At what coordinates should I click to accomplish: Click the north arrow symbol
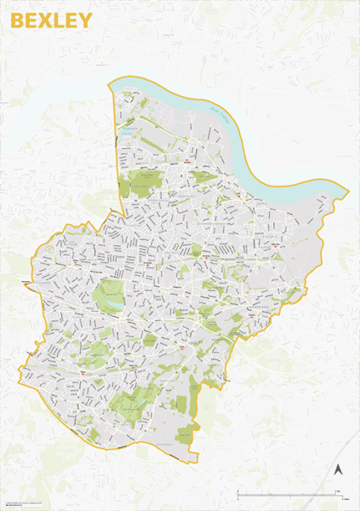pos(337,469)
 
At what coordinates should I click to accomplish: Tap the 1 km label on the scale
pos(338,491)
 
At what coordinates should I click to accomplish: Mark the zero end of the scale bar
pos(238,495)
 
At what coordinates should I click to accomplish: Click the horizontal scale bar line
pos(289,495)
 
